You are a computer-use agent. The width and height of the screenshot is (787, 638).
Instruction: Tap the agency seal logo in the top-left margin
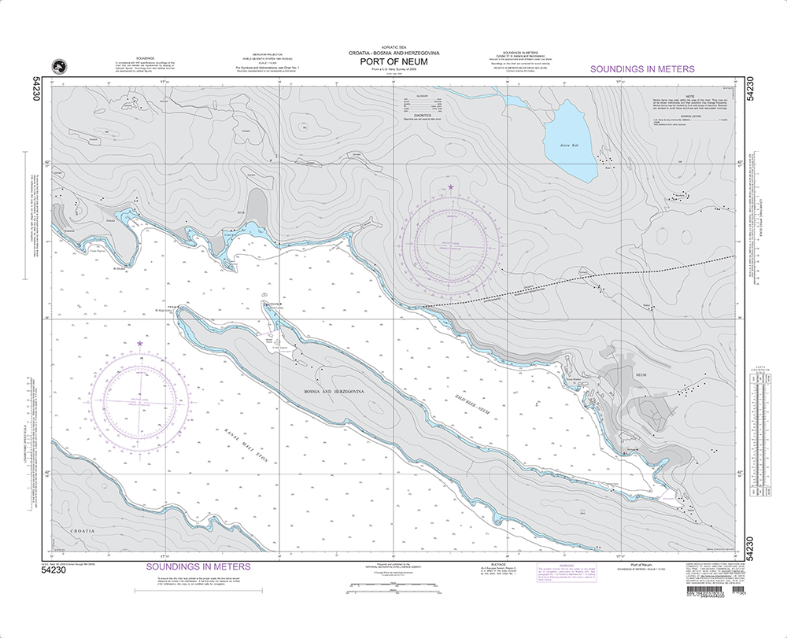(x=57, y=67)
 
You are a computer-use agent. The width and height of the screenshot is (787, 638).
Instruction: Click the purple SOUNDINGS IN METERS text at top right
(x=642, y=69)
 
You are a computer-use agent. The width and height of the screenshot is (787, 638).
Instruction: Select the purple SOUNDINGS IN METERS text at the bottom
(x=198, y=566)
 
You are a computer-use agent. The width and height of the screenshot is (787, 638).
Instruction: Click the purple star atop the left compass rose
(x=140, y=344)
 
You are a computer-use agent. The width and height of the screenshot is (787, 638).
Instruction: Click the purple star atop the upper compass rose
(x=451, y=187)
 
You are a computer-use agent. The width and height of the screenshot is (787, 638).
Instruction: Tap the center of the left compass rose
(x=141, y=400)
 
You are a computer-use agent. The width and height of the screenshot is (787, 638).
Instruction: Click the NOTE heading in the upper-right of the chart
(x=688, y=94)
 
